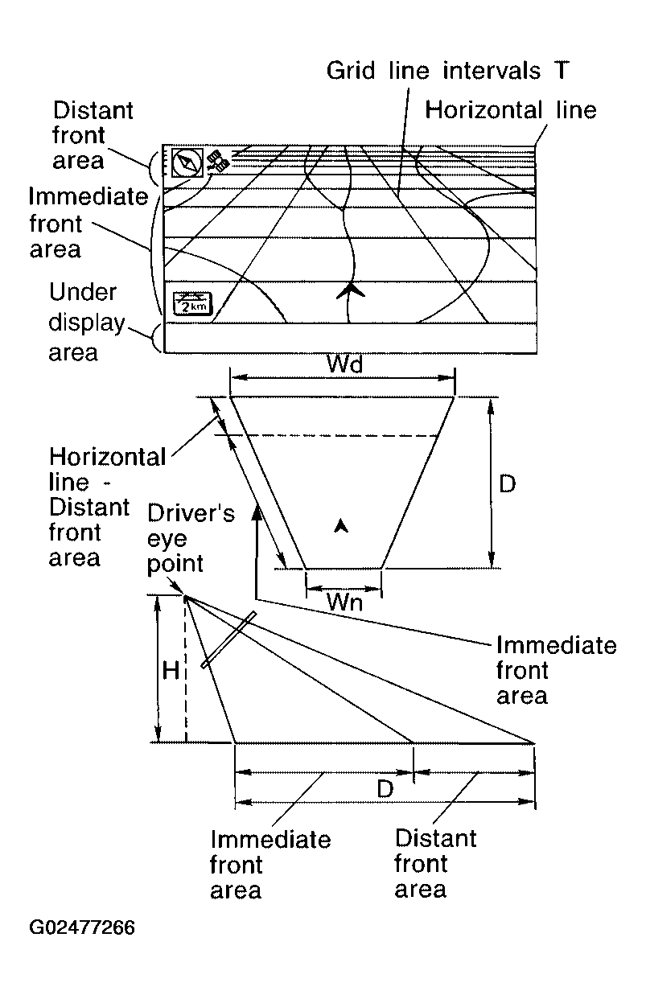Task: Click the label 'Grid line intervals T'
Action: click(x=447, y=71)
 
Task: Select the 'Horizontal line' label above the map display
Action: click(x=511, y=110)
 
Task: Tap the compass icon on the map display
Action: click(x=187, y=162)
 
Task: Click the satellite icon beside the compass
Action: click(x=217, y=162)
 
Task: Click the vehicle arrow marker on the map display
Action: click(x=347, y=293)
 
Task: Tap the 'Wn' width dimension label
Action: click(x=344, y=602)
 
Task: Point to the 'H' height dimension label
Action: click(x=171, y=671)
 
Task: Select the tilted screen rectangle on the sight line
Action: click(x=228, y=639)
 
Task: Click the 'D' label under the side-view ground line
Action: click(x=385, y=789)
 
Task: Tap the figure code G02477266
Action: click(x=82, y=927)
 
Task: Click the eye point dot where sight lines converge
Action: click(x=186, y=597)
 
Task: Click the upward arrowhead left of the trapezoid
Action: click(x=256, y=512)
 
